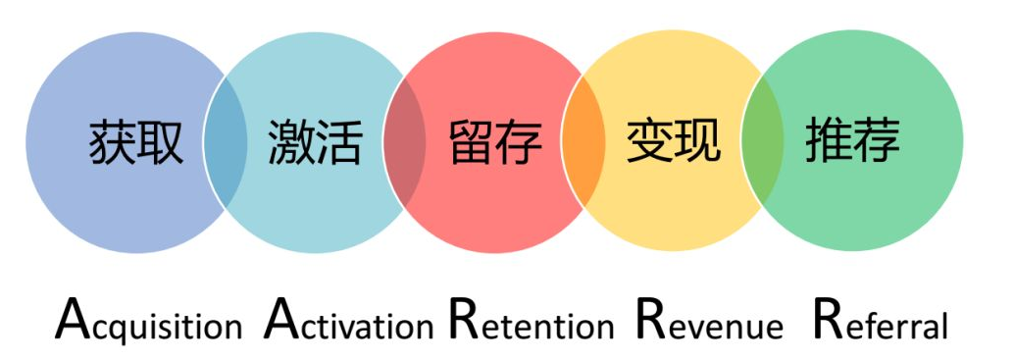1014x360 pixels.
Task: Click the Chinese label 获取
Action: click(136, 143)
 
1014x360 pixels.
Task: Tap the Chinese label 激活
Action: click(315, 143)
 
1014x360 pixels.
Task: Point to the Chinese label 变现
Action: click(674, 143)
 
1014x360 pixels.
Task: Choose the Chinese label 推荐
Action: click(852, 143)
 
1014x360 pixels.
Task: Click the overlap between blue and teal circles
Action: click(225, 143)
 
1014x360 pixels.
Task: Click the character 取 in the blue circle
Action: click(160, 143)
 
